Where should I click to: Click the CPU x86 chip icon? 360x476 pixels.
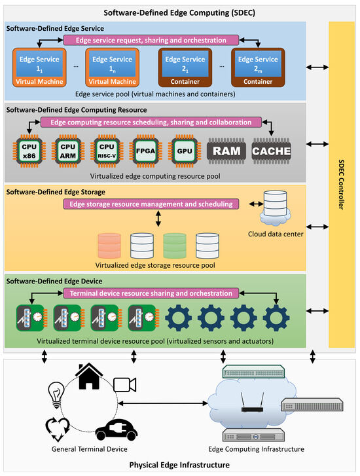tap(29, 151)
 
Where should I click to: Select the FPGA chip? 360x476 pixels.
tap(146, 151)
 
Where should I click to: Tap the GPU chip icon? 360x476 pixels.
tap(185, 151)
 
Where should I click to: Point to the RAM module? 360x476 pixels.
tap(226, 151)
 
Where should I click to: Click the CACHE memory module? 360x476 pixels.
tap(272, 151)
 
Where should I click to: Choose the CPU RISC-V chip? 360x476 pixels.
tap(107, 151)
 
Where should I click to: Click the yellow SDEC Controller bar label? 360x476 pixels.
tap(342, 184)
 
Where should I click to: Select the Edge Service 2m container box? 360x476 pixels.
tap(258, 67)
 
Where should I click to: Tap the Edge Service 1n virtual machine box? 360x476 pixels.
tap(113, 67)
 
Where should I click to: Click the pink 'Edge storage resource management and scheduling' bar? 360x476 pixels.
tap(151, 204)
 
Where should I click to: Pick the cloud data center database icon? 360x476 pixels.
tap(276, 208)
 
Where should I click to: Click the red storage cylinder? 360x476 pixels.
tap(109, 246)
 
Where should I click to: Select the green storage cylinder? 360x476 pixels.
tap(175, 246)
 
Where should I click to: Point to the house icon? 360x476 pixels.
tap(89, 376)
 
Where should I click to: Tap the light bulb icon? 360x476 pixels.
tap(56, 395)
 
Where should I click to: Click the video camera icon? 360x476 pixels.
tap(125, 384)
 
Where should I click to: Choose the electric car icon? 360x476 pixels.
tap(117, 430)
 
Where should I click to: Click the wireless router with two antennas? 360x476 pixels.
tap(252, 402)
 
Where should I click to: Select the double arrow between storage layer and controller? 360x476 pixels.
tap(317, 227)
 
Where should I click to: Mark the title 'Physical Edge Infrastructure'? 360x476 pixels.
tap(179, 465)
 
